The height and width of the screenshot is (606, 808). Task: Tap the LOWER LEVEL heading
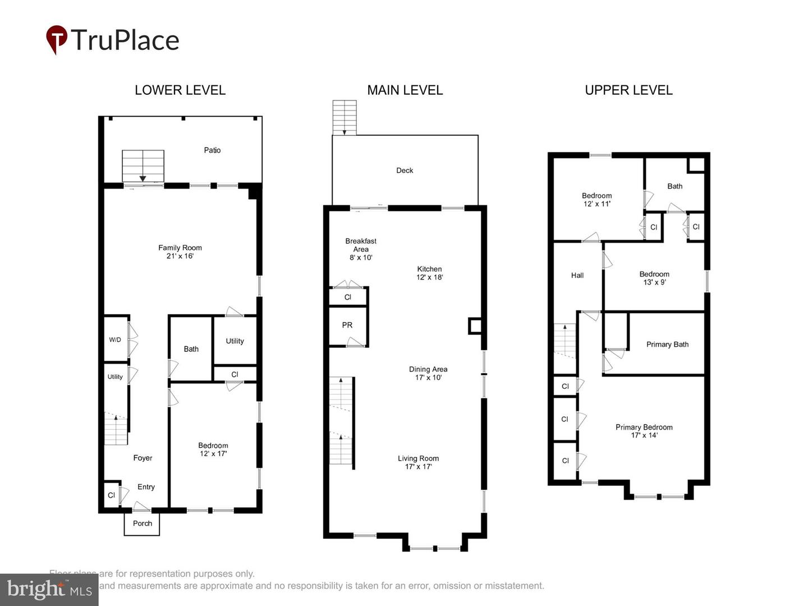(180, 90)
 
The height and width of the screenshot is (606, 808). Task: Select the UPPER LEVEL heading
(628, 90)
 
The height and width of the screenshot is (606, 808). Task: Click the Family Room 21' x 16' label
(180, 252)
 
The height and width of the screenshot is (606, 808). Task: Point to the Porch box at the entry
(142, 524)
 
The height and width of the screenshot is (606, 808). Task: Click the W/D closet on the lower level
(116, 339)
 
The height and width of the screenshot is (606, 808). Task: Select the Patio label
(212, 150)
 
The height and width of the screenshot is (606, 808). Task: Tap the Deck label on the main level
(405, 171)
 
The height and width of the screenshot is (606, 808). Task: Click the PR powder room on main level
(347, 325)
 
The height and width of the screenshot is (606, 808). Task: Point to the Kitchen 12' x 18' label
(429, 273)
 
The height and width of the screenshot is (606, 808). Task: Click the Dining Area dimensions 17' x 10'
(428, 378)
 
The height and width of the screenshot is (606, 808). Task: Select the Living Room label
(418, 458)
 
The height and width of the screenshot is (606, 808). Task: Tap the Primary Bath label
(667, 345)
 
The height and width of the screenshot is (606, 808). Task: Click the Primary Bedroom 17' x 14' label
(644, 431)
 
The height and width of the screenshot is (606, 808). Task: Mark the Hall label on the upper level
(577, 276)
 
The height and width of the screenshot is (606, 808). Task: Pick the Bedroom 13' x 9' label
(654, 278)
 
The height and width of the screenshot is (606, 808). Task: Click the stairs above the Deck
(344, 117)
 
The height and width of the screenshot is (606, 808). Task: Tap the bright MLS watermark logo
(49, 590)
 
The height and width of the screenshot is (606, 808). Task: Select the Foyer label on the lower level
(143, 458)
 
